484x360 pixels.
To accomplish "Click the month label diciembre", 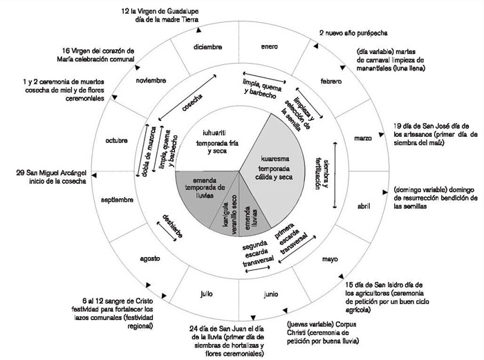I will click(x=208, y=48).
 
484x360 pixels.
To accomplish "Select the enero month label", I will click(x=269, y=47).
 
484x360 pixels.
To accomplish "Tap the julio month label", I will click(x=206, y=294).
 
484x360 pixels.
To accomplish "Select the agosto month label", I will click(x=150, y=258).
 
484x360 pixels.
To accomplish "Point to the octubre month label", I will click(x=117, y=141).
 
